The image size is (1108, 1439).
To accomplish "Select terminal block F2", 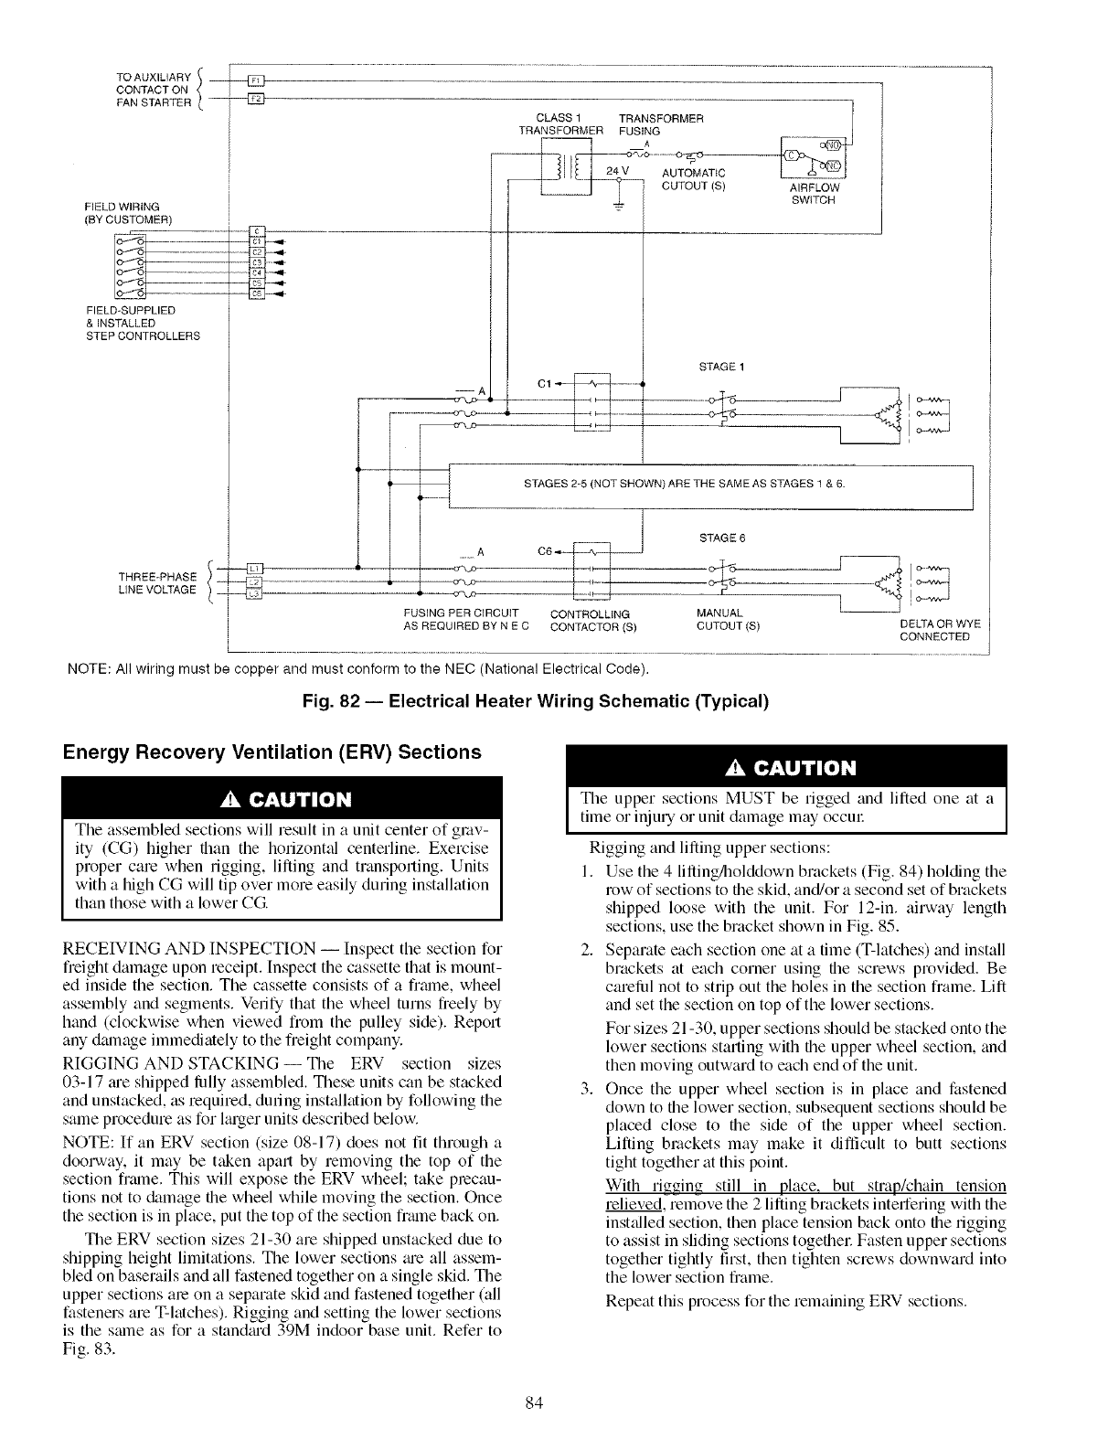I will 256,98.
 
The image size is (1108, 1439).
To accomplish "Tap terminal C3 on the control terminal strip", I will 257,261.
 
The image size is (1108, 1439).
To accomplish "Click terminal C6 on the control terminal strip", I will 257,293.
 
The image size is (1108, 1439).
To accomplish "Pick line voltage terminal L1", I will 256,570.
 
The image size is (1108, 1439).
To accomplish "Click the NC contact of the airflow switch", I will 835,165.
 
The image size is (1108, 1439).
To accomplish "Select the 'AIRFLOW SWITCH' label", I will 812,195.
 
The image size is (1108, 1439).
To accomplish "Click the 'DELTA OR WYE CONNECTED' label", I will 940,630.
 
